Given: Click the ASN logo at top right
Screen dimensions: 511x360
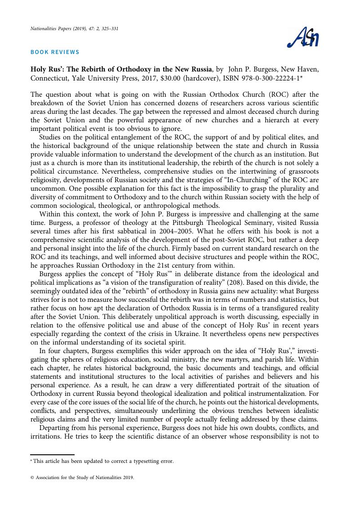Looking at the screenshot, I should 303,38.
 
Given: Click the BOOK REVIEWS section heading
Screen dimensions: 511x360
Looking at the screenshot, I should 55,52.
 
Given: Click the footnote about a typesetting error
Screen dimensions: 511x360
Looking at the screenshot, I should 102,461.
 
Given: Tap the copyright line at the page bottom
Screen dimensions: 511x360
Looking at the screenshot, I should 82,478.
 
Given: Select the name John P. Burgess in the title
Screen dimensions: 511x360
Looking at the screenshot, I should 252,69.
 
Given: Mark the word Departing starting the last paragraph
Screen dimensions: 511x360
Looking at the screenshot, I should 54,427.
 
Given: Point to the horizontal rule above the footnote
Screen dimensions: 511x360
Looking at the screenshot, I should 52,455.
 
